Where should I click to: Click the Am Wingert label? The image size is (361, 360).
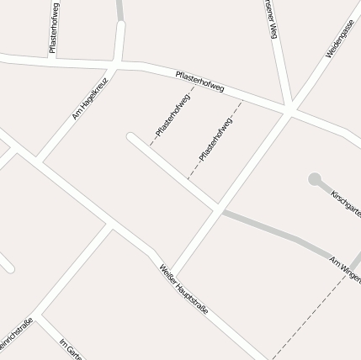tap(345, 267)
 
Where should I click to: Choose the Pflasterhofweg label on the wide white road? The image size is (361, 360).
tap(199, 82)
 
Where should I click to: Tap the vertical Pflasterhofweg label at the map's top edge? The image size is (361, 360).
tap(54, 28)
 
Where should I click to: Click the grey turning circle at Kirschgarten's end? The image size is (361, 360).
tap(315, 179)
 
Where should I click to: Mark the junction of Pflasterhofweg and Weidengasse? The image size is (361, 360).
tap(289, 109)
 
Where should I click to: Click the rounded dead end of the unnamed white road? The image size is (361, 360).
tap(131, 137)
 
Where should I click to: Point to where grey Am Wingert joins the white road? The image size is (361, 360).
tap(220, 209)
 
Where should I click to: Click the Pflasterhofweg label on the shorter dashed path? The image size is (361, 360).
tap(173, 116)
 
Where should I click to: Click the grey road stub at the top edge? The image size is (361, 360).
tap(120, 9)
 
